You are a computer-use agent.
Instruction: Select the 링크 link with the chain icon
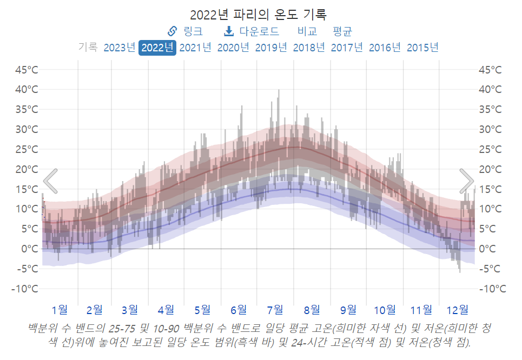point(186,31)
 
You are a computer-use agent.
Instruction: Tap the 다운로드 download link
point(252,31)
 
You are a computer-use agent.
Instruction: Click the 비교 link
point(307,31)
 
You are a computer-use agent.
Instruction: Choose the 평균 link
point(342,31)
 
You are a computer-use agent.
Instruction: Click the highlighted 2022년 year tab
point(157,48)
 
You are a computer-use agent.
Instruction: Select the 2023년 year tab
point(119,48)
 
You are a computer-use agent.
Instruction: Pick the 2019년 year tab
point(271,48)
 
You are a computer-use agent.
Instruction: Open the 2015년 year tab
point(422,48)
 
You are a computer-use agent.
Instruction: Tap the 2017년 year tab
point(347,48)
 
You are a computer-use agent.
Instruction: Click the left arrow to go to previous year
point(50,181)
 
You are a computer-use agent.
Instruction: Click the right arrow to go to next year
point(467,181)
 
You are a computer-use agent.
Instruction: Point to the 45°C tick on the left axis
point(26,70)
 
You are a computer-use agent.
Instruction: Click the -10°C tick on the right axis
point(492,289)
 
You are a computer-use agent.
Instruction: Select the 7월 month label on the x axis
point(275,310)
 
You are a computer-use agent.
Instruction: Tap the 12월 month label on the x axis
point(457,310)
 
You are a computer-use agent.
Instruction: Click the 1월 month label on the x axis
point(60,310)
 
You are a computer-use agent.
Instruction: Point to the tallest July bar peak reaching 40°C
point(279,91)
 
